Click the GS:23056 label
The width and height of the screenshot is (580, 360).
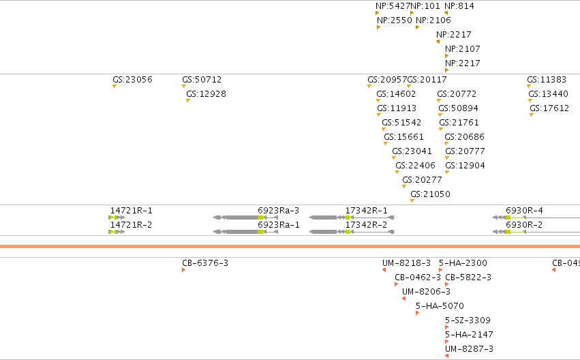pyautogui.click(x=132, y=80)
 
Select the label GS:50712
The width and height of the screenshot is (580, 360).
pyautogui.click(x=202, y=80)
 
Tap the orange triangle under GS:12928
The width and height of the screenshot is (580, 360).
pyautogui.click(x=188, y=101)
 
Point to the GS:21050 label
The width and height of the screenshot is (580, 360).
pyautogui.click(x=430, y=194)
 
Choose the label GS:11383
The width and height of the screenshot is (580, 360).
pyautogui.click(x=547, y=80)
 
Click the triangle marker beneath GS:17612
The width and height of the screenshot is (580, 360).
pyautogui.click(x=532, y=115)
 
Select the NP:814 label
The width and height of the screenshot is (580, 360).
pyautogui.click(x=459, y=6)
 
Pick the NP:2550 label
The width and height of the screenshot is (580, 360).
pyautogui.click(x=395, y=20)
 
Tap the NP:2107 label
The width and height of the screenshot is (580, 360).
pyautogui.click(x=462, y=49)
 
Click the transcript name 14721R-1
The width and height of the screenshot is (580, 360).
pyautogui.click(x=132, y=211)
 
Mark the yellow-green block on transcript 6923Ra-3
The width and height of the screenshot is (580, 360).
pyautogui.click(x=260, y=217)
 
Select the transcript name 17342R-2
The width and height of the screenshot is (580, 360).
pyautogui.click(x=366, y=225)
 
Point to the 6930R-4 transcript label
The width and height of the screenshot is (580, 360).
pyautogui.click(x=524, y=211)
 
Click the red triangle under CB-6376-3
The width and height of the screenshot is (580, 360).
pyautogui.click(x=184, y=270)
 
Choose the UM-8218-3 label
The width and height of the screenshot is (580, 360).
pyautogui.click(x=406, y=263)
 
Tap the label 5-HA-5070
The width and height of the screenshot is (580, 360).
pyautogui.click(x=440, y=306)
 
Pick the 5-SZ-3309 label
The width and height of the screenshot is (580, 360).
pyautogui.click(x=468, y=320)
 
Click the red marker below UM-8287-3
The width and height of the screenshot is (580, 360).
pyautogui.click(x=447, y=356)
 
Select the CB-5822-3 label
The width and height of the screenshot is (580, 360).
pyautogui.click(x=468, y=277)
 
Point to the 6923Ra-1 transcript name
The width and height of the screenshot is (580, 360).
pyautogui.click(x=279, y=225)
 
